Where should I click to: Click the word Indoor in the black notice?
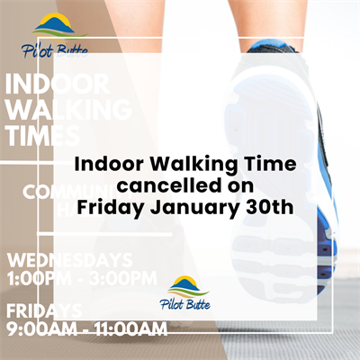(103, 166)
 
